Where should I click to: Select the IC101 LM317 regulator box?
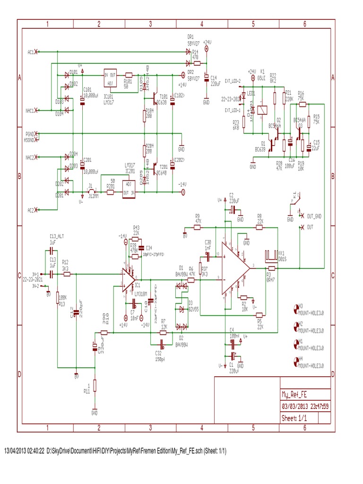110,78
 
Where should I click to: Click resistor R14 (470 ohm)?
197,62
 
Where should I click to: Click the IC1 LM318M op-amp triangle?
127,278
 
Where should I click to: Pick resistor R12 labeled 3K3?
65,274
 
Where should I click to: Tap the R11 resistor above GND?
95,385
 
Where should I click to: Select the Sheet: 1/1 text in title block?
294,418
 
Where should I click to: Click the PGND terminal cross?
37,134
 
